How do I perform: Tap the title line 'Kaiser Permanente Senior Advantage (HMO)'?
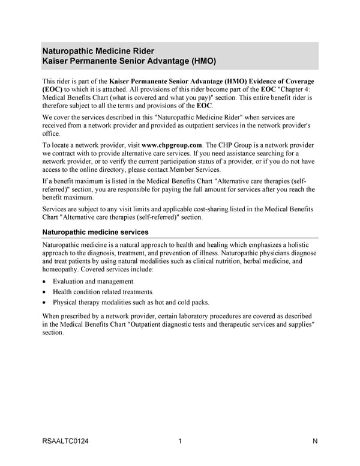[x=129, y=61]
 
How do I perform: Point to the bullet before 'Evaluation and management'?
[x=45, y=282]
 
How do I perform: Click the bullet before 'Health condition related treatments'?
[x=45, y=292]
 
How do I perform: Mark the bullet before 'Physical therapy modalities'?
[x=45, y=302]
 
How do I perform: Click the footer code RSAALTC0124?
[x=65, y=443]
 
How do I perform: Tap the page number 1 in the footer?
[x=180, y=443]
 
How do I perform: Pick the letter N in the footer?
[x=315, y=443]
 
